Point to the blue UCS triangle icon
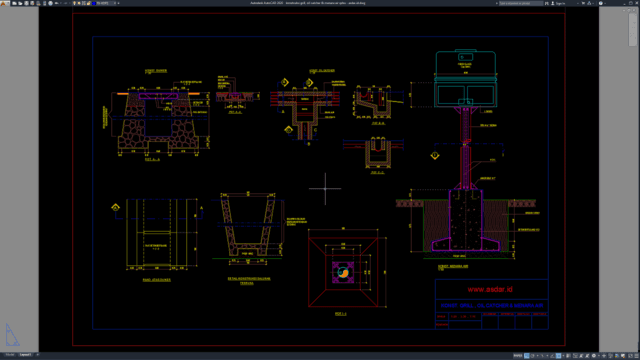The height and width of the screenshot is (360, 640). tap(11, 335)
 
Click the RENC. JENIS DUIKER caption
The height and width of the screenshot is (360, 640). tap(146, 282)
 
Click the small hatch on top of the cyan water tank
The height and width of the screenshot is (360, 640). tap(466, 58)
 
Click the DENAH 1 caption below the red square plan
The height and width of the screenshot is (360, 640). tap(341, 313)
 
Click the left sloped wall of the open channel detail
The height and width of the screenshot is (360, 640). tap(229, 225)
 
